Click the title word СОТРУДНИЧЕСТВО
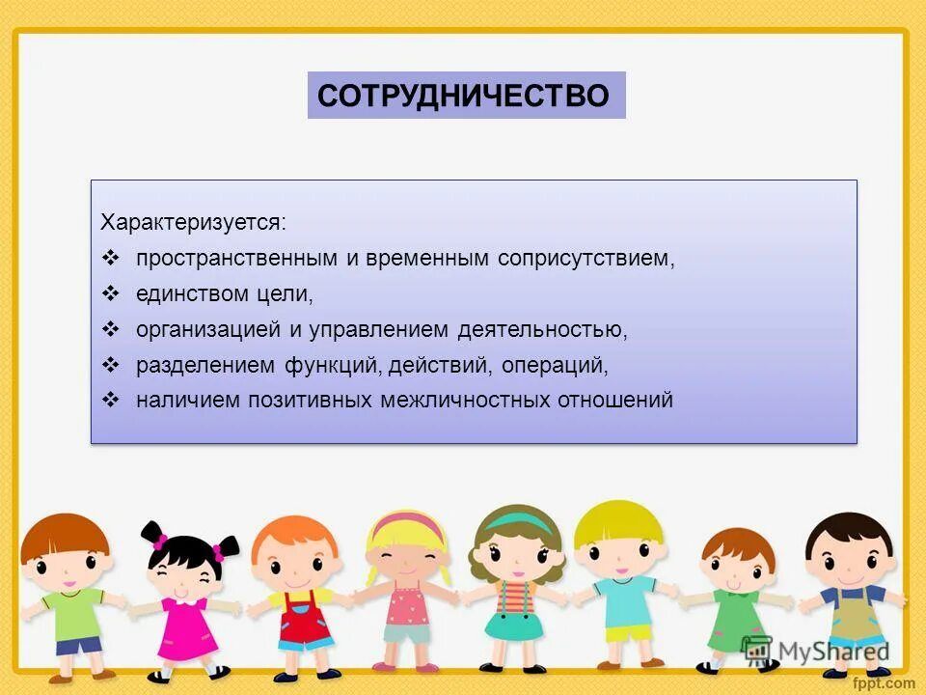464,96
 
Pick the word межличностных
465,400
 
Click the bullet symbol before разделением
110,365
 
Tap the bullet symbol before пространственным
110,259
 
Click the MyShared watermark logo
815,650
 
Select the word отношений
614,400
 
